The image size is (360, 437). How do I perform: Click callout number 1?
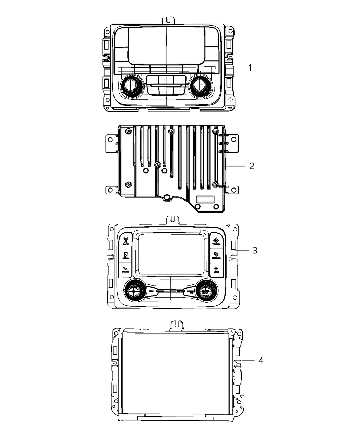point(250,68)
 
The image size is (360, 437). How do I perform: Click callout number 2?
point(252,166)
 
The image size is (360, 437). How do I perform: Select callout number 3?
point(255,251)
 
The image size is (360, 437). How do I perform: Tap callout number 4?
point(261,361)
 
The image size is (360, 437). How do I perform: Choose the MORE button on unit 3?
point(216,269)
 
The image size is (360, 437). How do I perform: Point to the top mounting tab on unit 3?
point(173,219)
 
